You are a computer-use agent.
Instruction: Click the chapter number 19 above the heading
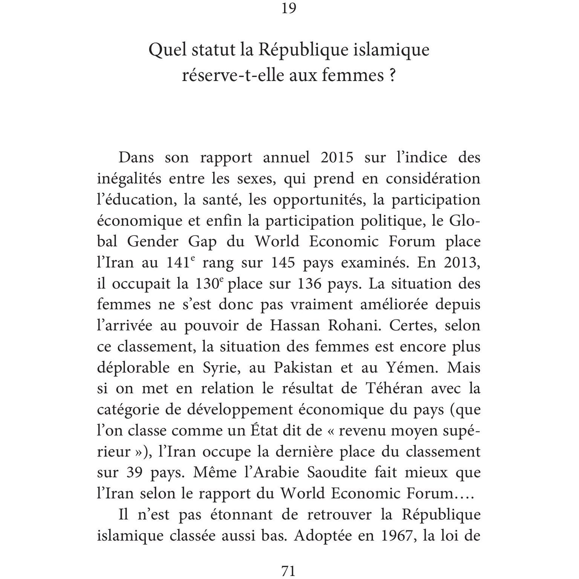289,8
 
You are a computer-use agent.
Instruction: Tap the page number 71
289,571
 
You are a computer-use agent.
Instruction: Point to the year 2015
337,157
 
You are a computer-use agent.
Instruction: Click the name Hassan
295,325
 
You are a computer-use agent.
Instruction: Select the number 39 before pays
134,472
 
